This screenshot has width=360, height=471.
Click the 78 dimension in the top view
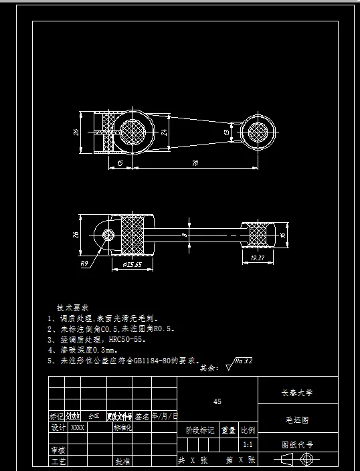point(195,163)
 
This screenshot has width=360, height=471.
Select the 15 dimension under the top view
point(119,163)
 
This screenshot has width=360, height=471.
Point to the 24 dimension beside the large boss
point(164,132)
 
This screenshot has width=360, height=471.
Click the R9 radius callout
point(85,264)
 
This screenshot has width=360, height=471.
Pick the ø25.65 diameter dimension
point(132,265)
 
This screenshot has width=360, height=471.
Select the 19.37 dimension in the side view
point(257,258)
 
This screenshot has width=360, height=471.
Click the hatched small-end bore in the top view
point(258,130)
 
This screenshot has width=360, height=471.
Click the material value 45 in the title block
point(217,402)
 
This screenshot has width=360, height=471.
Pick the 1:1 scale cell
point(248,444)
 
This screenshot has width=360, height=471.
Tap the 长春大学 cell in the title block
point(298,393)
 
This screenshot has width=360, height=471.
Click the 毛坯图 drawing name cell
point(298,421)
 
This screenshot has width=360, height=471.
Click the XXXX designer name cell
point(78,427)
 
